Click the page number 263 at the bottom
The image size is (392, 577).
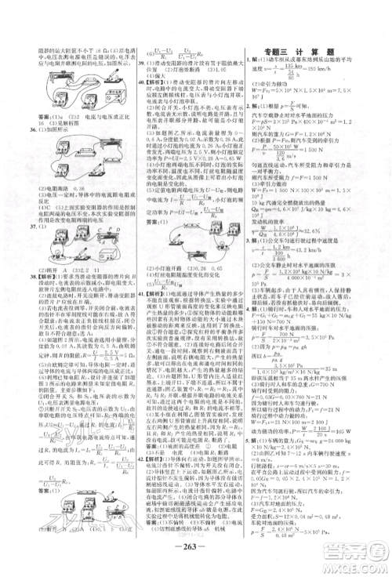(195, 551)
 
